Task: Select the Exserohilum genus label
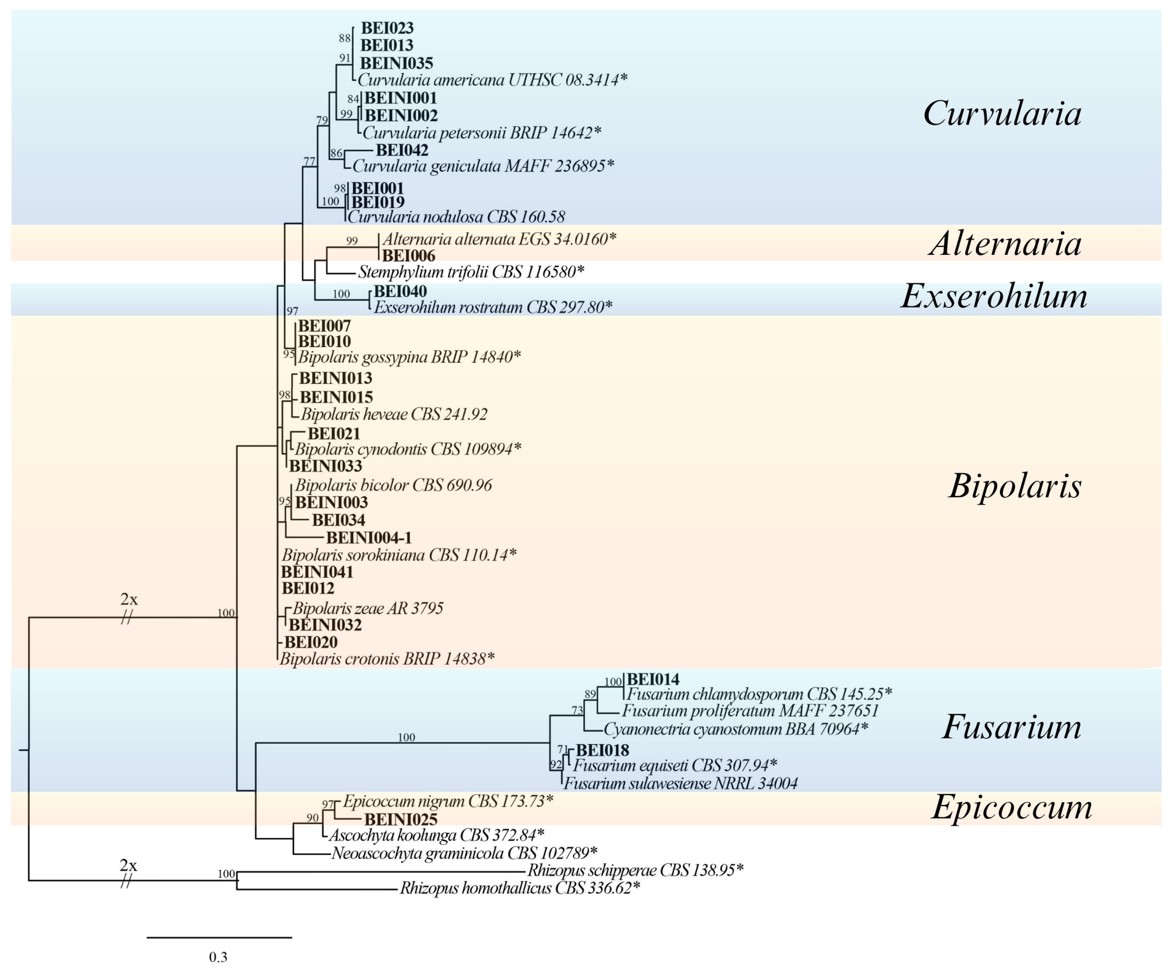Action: [x=994, y=296]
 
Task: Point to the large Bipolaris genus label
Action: [x=1015, y=485]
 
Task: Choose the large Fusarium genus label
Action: [x=1012, y=727]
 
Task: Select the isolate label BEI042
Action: [x=402, y=150]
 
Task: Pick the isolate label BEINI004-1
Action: [x=369, y=538]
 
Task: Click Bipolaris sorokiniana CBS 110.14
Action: [x=399, y=555]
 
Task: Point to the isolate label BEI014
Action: [x=653, y=679]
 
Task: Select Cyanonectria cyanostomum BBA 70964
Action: [x=736, y=729]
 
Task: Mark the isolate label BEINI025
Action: [x=401, y=820]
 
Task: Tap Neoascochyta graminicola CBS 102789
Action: [x=464, y=853]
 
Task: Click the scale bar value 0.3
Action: [x=218, y=957]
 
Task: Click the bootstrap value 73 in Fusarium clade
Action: [x=577, y=711]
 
